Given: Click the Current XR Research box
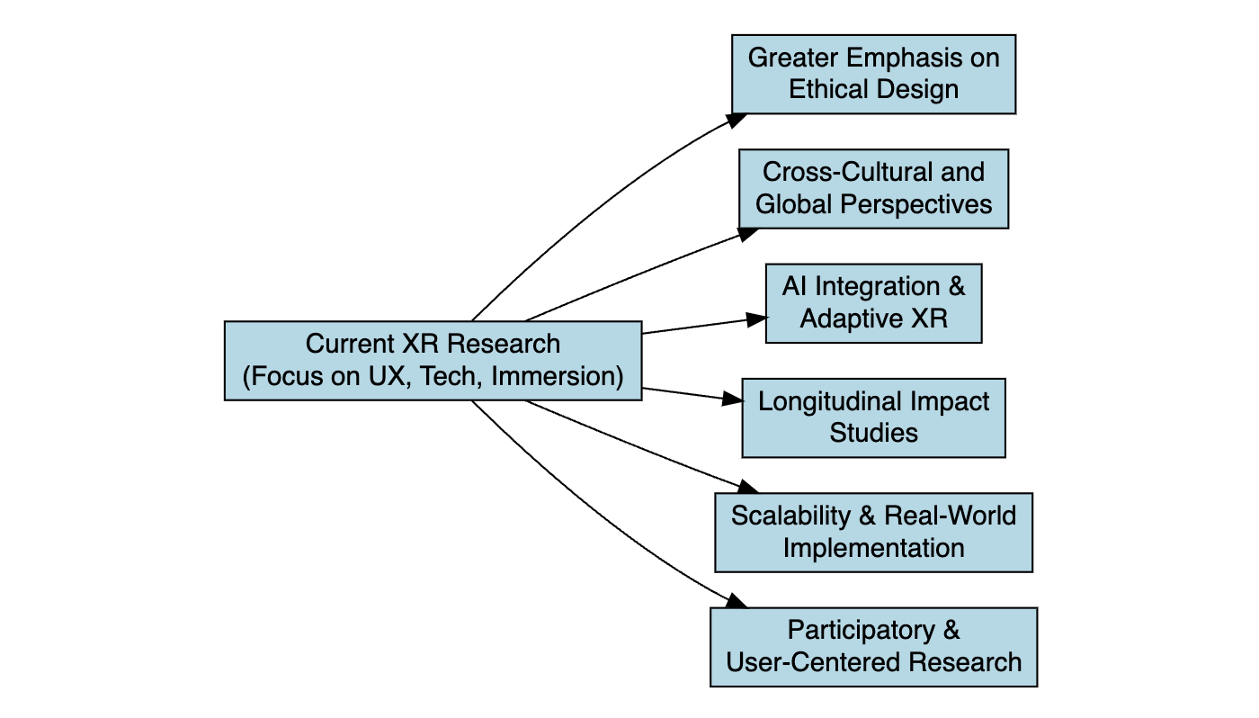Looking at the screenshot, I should (x=433, y=360).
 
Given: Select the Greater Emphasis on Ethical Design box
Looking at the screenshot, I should (x=873, y=74).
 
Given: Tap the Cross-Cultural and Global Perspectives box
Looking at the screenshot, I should (x=873, y=188).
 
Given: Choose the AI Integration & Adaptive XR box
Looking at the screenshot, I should (x=873, y=303).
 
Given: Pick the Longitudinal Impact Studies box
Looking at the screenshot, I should (x=873, y=417).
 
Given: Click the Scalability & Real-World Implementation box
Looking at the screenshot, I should (x=873, y=532).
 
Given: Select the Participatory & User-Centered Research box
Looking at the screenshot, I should (x=873, y=647).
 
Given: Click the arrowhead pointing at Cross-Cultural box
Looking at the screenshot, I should (x=748, y=233).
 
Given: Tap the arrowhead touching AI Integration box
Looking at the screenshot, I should (x=757, y=319).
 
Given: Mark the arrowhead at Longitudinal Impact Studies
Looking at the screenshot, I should (x=733, y=398).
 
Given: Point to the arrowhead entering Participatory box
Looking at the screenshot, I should (x=737, y=600).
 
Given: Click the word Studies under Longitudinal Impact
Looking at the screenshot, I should (x=873, y=434).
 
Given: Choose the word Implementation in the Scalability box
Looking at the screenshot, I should (x=873, y=548).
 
